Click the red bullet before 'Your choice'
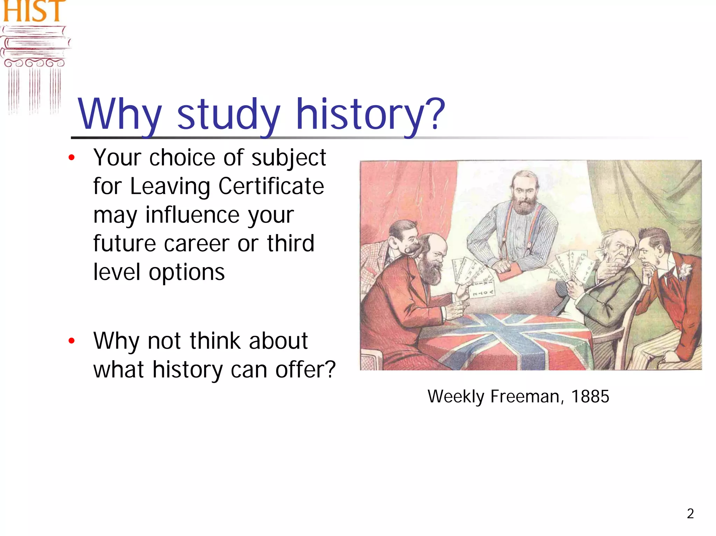tap(72, 158)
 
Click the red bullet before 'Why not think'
tap(72, 341)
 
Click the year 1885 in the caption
tap(590, 397)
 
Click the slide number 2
tap(690, 514)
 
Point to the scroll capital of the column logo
tap(34, 63)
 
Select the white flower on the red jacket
tap(684, 270)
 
